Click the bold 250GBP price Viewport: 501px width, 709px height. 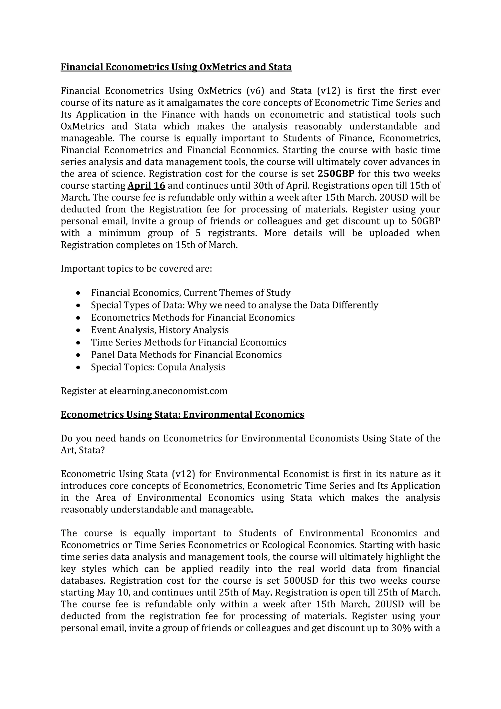[336, 174]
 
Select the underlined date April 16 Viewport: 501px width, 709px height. [146, 186]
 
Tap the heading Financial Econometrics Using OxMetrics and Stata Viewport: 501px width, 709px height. [176, 67]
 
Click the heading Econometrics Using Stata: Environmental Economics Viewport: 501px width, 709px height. [182, 414]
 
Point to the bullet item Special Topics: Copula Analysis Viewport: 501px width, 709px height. [158, 367]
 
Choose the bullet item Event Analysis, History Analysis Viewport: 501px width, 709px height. [160, 330]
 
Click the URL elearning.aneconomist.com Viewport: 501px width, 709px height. [168, 391]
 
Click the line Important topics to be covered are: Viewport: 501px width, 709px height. [136, 269]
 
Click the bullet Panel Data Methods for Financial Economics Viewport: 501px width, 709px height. [186, 355]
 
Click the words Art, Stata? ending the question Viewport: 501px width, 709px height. [83, 450]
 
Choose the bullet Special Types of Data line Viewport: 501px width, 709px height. [234, 305]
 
